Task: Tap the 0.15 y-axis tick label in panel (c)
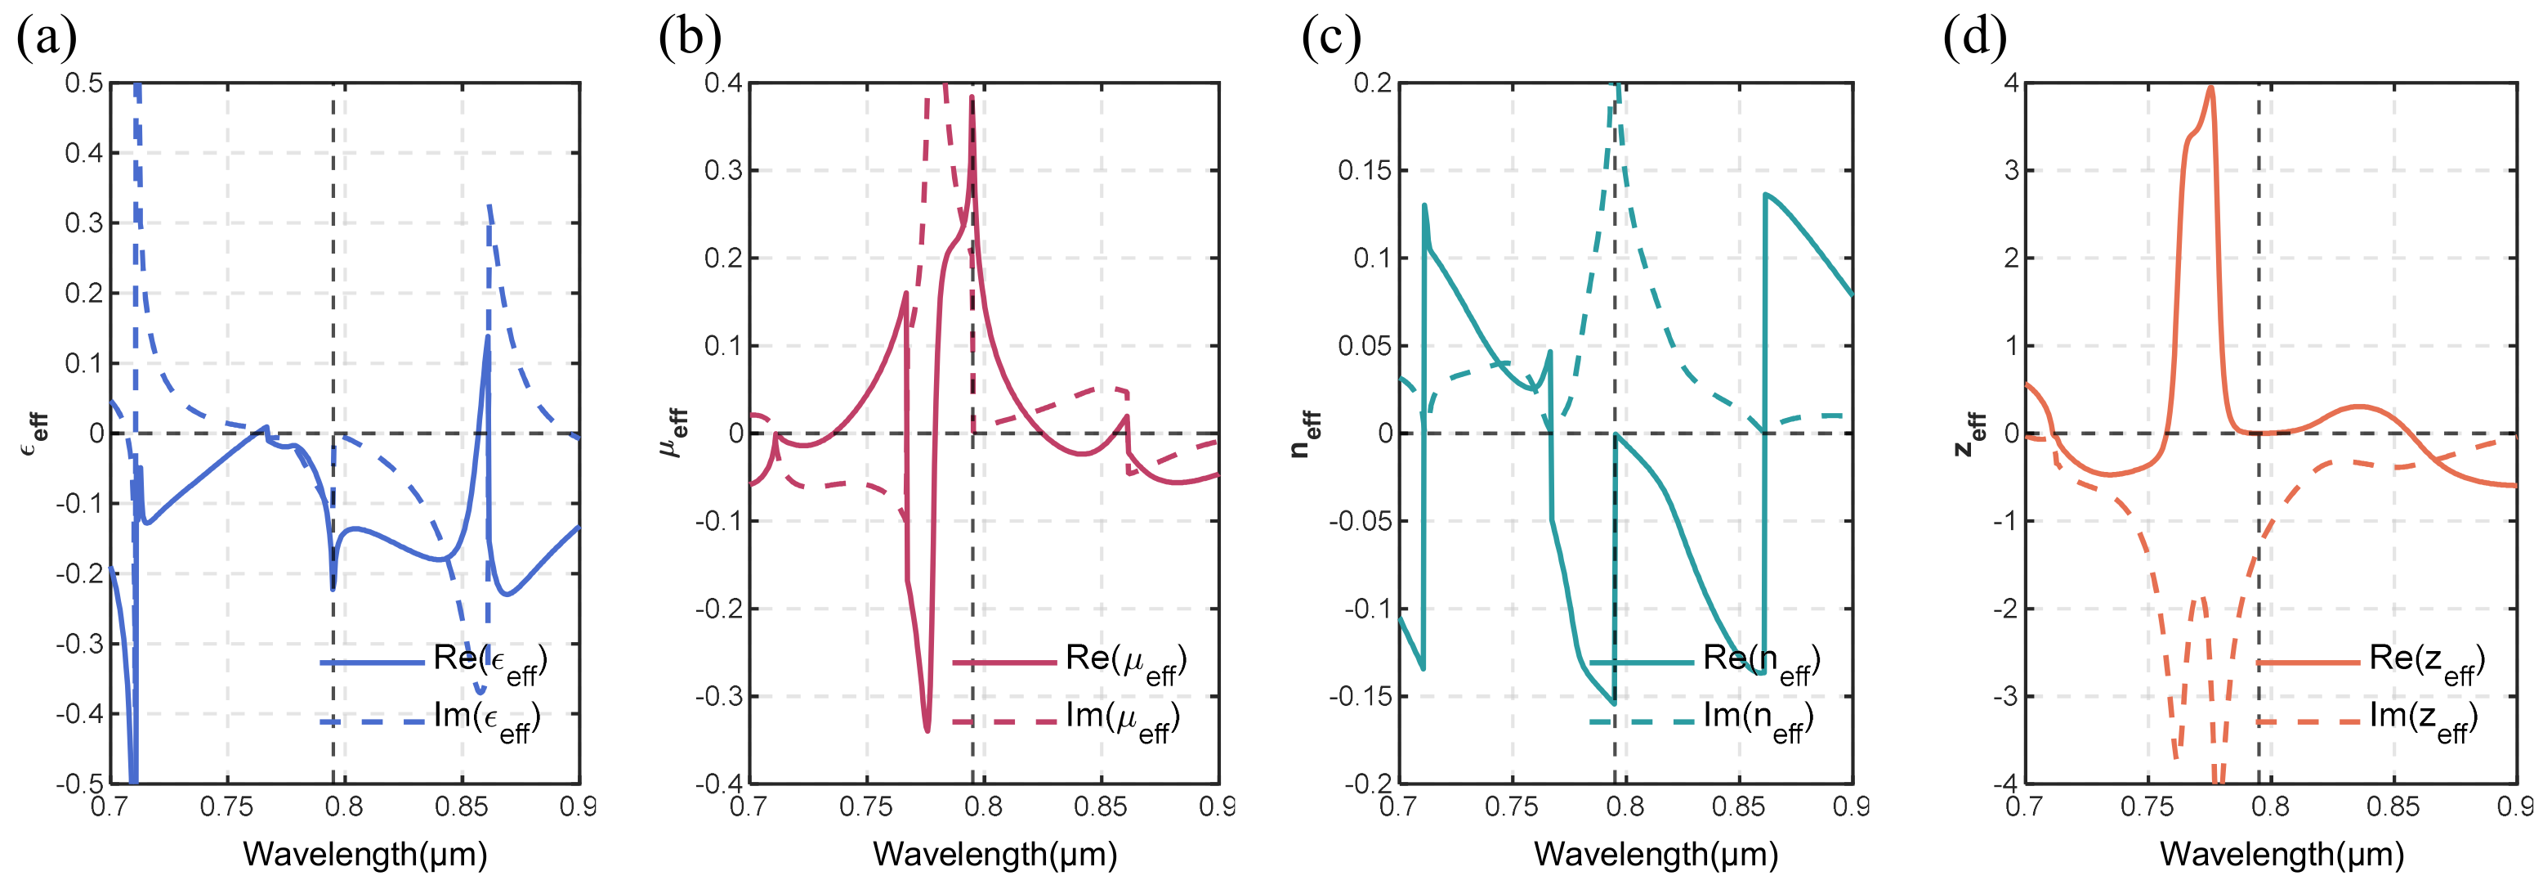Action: pyautogui.click(x=1365, y=171)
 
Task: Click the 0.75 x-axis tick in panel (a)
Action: pyautogui.click(x=226, y=807)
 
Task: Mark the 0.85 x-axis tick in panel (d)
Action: pyautogui.click(x=2392, y=807)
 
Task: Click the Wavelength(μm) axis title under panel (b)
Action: pyautogui.click(x=994, y=855)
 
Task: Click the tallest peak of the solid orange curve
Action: pyautogui.click(x=2210, y=88)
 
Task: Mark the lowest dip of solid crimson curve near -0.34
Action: pyautogui.click(x=927, y=730)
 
